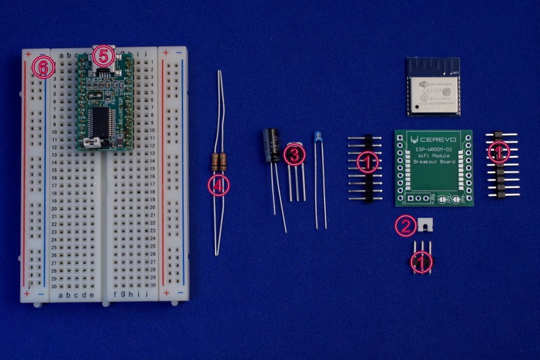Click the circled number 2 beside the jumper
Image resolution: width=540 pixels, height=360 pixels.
(405, 226)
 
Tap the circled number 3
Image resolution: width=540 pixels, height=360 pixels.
(294, 154)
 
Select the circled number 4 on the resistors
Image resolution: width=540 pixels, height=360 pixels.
(218, 185)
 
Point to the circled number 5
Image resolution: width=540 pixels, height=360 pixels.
(103, 55)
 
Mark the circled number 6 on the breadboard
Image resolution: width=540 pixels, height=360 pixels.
(43, 67)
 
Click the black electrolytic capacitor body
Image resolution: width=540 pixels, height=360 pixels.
(272, 144)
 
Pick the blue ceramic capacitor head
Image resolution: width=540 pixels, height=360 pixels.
(319, 137)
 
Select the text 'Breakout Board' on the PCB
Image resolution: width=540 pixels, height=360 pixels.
(435, 162)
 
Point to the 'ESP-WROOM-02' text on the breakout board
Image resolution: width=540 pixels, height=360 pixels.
(435, 149)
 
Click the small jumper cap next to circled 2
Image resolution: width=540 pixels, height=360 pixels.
(425, 225)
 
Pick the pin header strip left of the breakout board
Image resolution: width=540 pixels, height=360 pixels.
(368, 168)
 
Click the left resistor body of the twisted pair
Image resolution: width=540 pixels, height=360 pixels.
(215, 162)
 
